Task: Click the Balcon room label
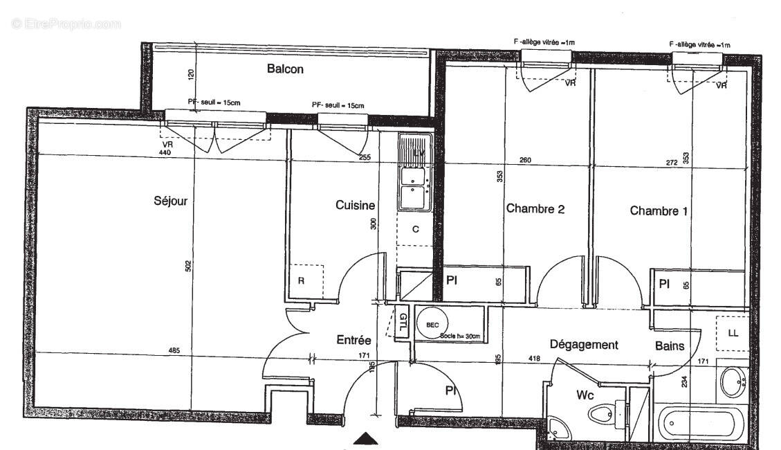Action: [x=285, y=69]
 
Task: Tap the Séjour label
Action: [x=170, y=201]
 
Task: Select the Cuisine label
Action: [x=355, y=205]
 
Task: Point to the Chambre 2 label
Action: [x=535, y=208]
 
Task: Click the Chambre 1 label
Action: [x=659, y=211]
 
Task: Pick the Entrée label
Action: [x=353, y=340]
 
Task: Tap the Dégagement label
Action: [x=583, y=345]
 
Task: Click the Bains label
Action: [x=670, y=346]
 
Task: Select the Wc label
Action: [x=587, y=396]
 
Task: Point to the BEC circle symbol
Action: [x=432, y=323]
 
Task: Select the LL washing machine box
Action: [x=733, y=333]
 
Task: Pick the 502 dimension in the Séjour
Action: [x=187, y=267]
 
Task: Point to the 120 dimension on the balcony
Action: [x=191, y=74]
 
